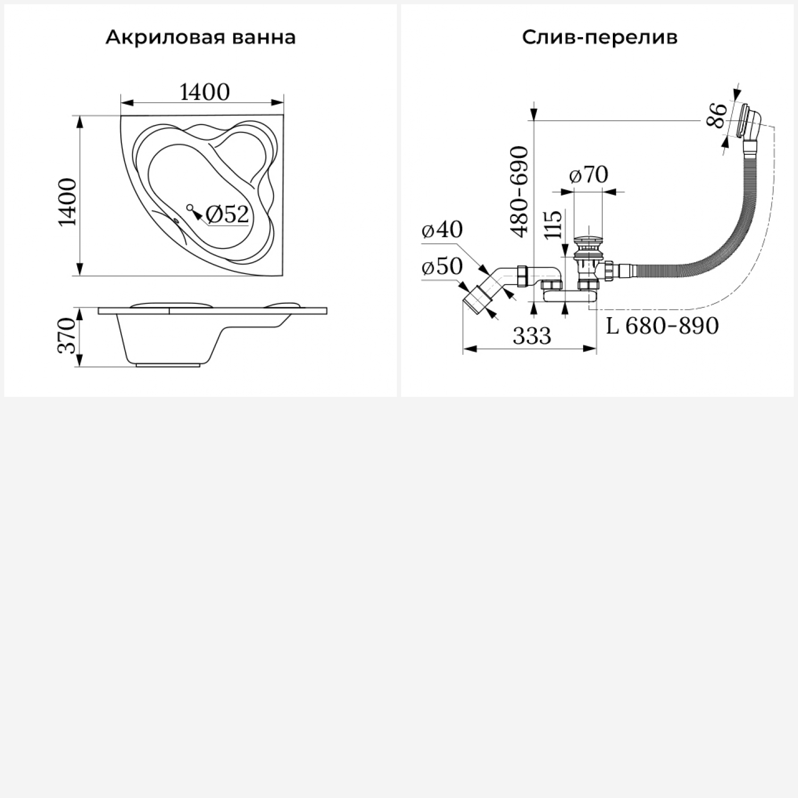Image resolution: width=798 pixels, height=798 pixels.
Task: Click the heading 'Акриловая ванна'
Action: (x=201, y=38)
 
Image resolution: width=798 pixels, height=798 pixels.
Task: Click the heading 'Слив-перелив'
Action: (x=600, y=38)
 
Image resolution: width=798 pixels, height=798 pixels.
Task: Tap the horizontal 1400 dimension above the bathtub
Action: (x=205, y=92)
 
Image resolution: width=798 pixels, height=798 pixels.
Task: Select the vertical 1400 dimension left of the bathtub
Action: (x=68, y=202)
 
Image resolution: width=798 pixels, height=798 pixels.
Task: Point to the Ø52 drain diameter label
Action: (x=227, y=214)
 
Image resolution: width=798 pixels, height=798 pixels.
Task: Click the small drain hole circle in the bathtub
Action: (x=189, y=207)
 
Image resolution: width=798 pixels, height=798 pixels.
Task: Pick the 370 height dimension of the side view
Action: (x=68, y=336)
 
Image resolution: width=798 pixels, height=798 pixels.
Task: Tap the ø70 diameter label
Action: (x=588, y=174)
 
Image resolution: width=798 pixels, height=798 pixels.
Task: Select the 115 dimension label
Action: (x=553, y=225)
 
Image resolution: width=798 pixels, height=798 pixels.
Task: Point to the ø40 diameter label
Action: (x=442, y=230)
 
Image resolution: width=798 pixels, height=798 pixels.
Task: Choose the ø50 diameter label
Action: (x=442, y=267)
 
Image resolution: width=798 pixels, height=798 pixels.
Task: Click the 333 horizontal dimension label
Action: (x=532, y=336)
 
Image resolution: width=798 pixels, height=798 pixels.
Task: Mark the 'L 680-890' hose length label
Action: (x=662, y=326)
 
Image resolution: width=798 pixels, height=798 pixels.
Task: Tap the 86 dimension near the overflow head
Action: (x=717, y=115)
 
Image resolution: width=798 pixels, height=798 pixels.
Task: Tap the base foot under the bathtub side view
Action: (x=169, y=365)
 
